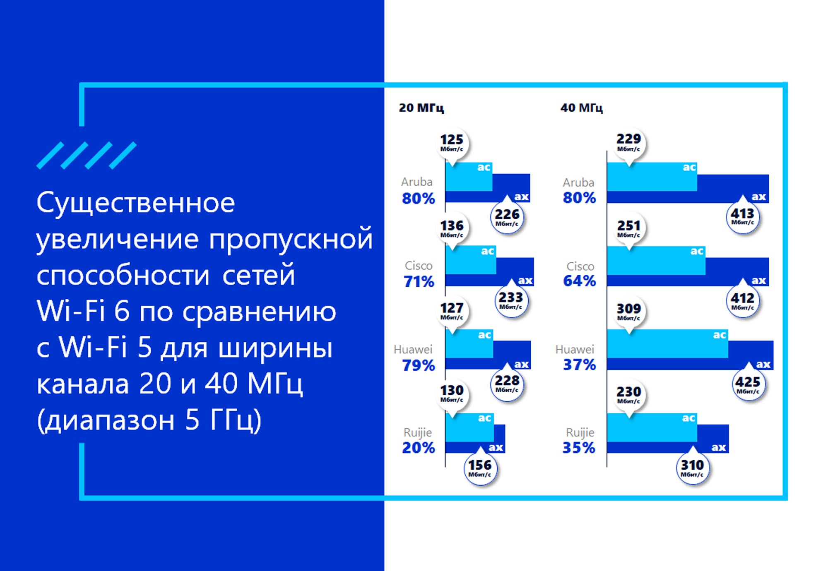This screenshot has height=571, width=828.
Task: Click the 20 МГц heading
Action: pos(421,108)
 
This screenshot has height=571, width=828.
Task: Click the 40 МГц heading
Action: pos(582,108)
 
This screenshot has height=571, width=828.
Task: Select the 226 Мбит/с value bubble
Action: pos(507,217)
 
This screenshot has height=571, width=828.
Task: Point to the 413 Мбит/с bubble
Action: pos(743,216)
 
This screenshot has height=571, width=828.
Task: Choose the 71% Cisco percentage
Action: pos(419,282)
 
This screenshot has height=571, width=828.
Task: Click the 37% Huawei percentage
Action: pos(580,365)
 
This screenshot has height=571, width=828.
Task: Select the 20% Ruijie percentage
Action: pos(419,448)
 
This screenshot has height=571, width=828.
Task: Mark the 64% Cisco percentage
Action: pos(580,281)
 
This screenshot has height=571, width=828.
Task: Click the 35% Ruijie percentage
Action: pos(579,448)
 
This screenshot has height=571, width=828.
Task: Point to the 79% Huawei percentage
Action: pos(419,365)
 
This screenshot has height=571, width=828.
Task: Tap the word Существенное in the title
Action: pos(136,203)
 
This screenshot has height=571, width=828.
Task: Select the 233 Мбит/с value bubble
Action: pos(511,300)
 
